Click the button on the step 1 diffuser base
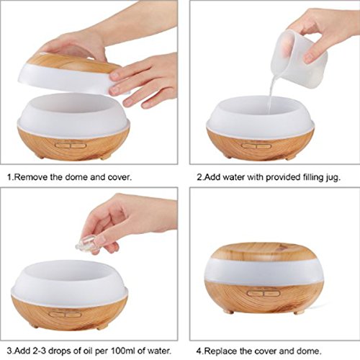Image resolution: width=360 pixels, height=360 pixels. click(71, 145)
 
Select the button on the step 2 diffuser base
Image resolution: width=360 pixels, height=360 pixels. click(256, 145)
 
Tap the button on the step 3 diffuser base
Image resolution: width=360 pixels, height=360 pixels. click(65, 314)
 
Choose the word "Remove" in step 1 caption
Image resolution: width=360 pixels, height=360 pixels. click(31, 177)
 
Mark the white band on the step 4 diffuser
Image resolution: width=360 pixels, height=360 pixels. click(264, 270)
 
